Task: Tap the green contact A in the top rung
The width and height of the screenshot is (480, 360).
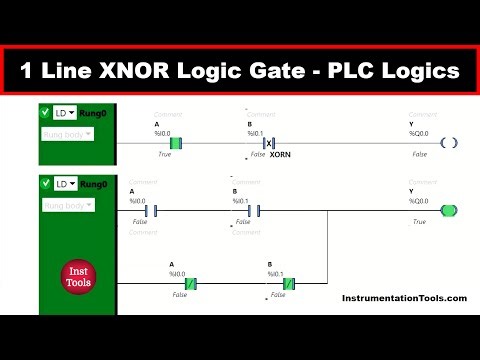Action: pos(175,143)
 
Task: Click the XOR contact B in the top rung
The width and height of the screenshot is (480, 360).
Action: pos(268,143)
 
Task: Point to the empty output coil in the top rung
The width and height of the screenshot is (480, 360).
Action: pos(449,143)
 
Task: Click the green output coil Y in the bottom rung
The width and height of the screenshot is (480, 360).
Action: pos(449,211)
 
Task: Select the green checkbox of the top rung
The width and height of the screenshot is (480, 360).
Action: pos(45,114)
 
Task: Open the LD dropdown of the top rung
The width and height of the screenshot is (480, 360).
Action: pos(65,114)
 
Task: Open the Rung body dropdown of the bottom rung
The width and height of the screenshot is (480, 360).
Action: pos(68,205)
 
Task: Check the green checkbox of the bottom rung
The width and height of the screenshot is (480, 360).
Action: pos(45,185)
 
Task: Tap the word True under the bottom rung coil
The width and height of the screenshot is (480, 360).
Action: pos(419,222)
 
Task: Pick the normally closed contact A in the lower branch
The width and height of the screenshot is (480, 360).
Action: pos(186,283)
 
